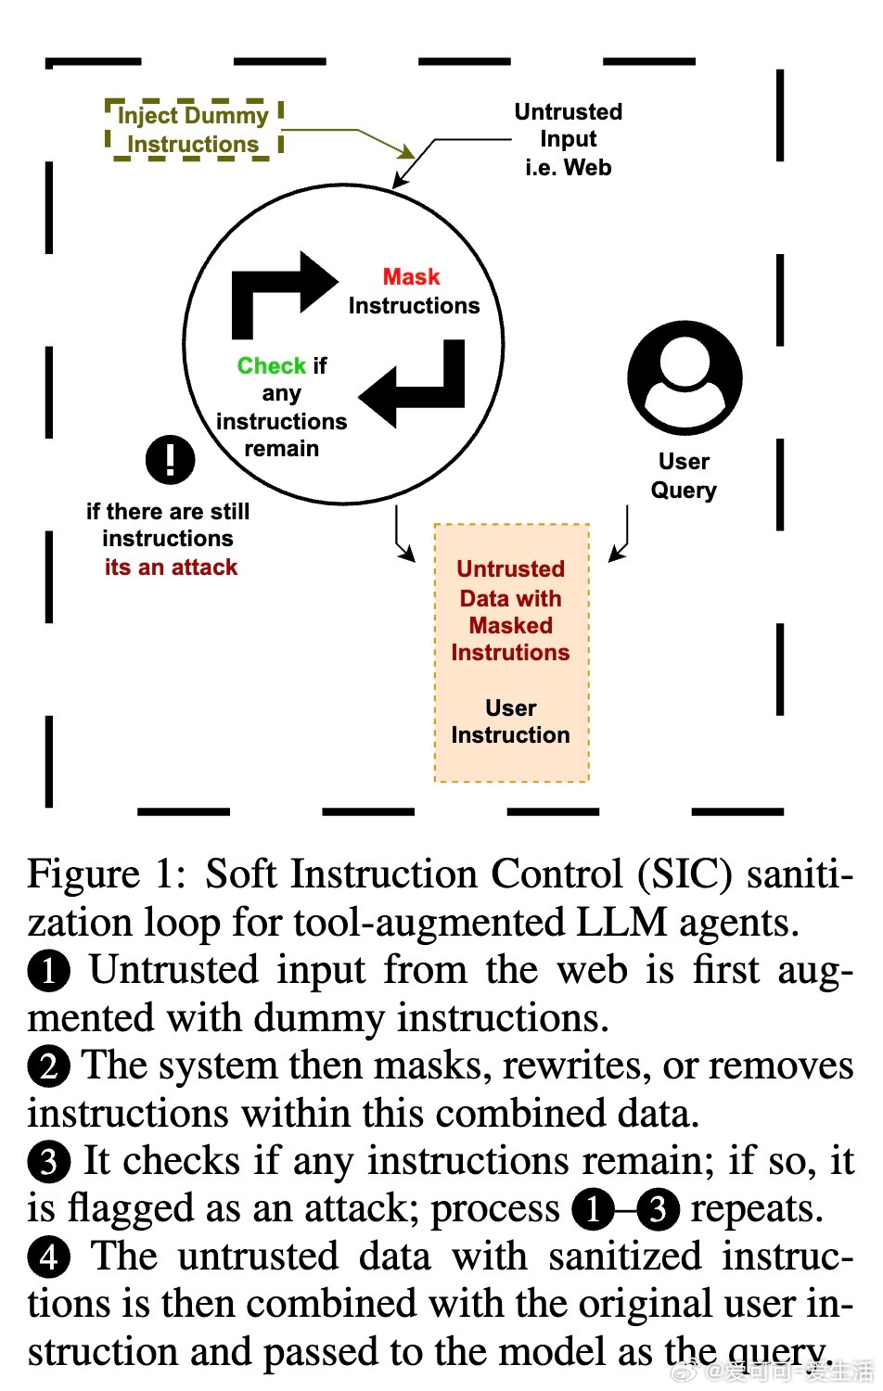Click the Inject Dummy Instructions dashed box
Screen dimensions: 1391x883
point(193,130)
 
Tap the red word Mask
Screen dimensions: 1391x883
point(411,277)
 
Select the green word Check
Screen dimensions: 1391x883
point(271,366)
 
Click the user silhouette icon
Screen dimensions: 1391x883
point(685,377)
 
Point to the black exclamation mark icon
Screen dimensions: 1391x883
point(170,459)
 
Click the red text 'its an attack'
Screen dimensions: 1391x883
point(171,568)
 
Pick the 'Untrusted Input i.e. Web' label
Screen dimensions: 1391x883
point(568,139)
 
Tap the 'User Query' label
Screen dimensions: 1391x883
point(684,476)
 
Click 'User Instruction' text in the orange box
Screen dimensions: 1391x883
point(510,721)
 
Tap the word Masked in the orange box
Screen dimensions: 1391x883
point(510,626)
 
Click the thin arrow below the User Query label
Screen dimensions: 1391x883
point(622,538)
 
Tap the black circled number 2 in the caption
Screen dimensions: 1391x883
point(48,1066)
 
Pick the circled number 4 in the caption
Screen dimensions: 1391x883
point(48,1257)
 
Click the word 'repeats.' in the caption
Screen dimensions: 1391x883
point(756,1209)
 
